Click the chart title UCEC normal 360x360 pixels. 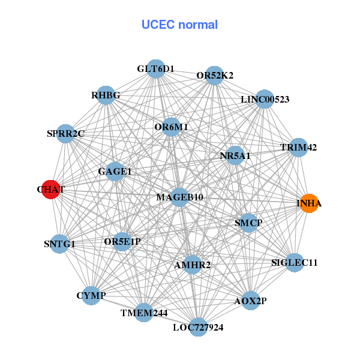coord(179,25)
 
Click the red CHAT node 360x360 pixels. coord(51,189)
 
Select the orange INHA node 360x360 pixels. coord(309,203)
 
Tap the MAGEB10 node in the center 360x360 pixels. coord(179,197)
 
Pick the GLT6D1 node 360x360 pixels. coord(155,68)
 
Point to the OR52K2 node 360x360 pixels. coord(215,76)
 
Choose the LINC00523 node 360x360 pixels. coord(265,99)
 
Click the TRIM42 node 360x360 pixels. coord(298,147)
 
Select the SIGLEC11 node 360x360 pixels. coord(294,262)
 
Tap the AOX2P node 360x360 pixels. coord(250,300)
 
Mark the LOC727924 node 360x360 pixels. coord(198,327)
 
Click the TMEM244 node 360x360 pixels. coord(144,313)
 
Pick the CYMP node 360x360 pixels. coord(91,296)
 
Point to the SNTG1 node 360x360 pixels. coord(59,244)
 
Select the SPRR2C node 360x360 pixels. coord(65,133)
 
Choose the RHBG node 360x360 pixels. coord(106,95)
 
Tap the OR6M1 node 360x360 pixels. coord(171,127)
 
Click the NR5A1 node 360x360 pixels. coord(235,155)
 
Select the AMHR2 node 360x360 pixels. coord(191,265)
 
